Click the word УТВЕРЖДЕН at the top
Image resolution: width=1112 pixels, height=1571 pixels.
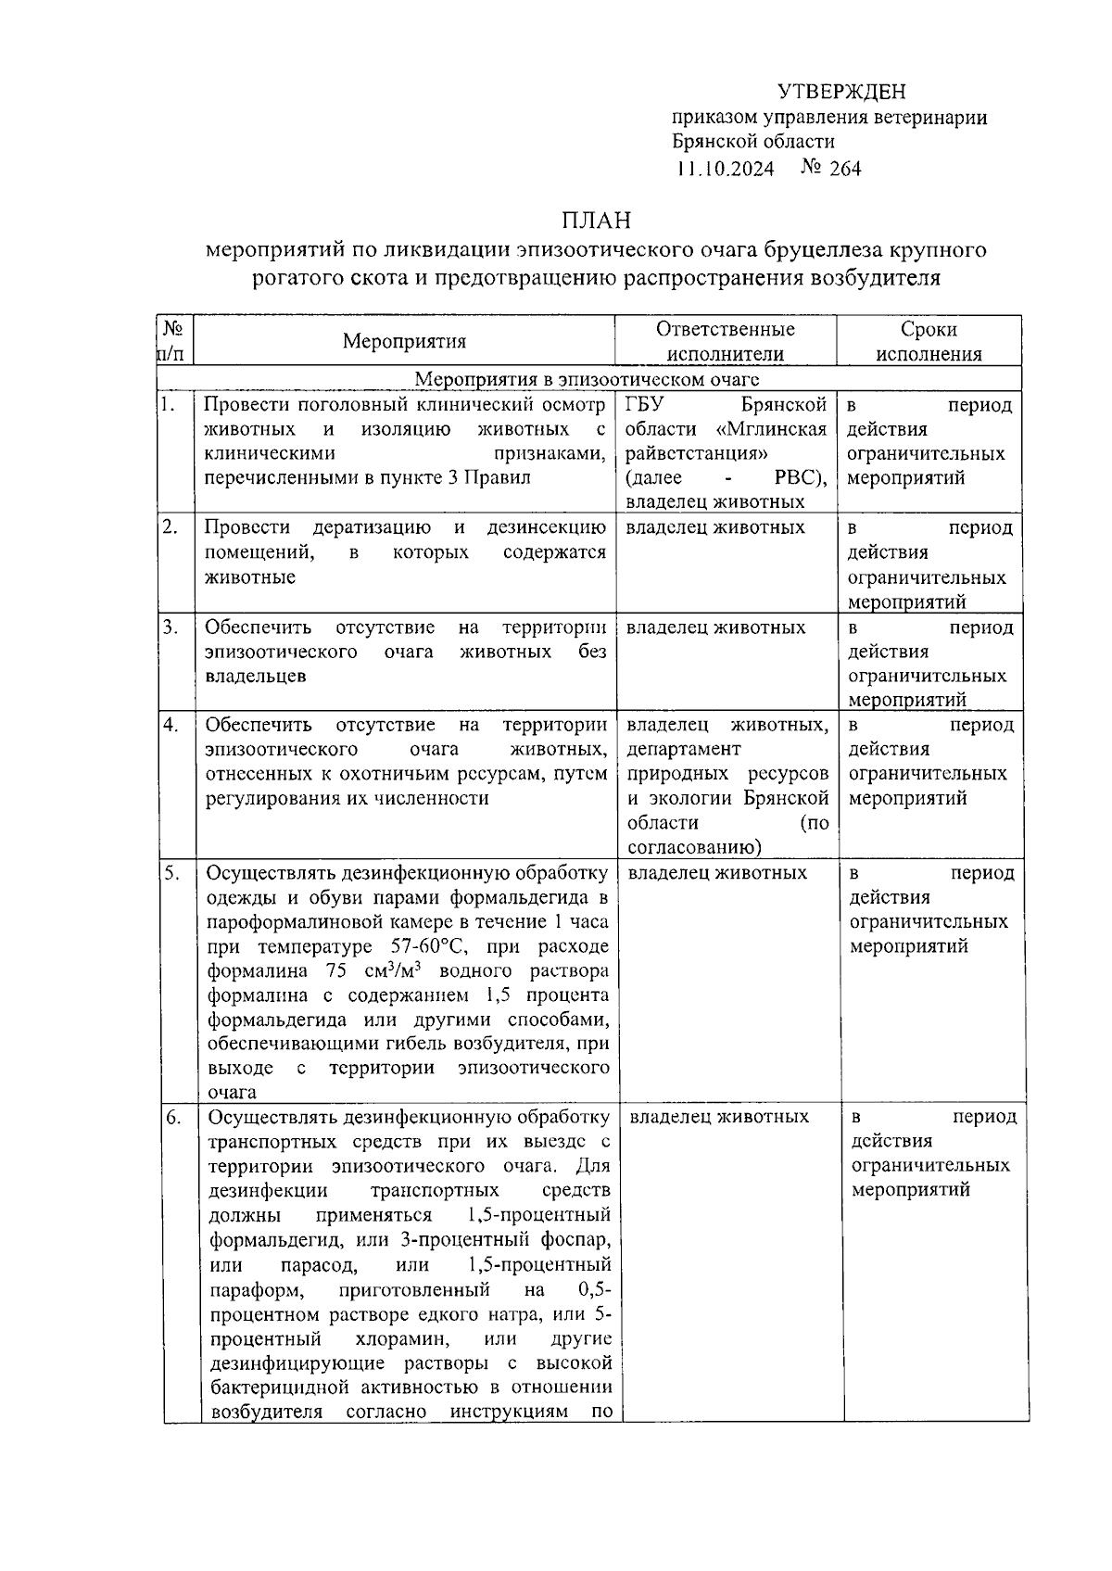pyautogui.click(x=840, y=92)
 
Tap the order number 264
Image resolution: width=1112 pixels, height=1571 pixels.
pyautogui.click(x=845, y=168)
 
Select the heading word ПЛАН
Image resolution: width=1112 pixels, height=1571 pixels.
pyautogui.click(x=595, y=221)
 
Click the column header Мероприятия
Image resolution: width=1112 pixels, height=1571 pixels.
pyautogui.click(x=404, y=341)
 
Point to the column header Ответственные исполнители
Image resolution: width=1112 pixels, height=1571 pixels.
pyautogui.click(x=726, y=341)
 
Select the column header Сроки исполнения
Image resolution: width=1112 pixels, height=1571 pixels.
pyautogui.click(x=929, y=341)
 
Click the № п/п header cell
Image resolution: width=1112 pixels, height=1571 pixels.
pyautogui.click(x=173, y=341)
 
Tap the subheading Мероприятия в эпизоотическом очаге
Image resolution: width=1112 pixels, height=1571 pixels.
pyautogui.click(x=587, y=379)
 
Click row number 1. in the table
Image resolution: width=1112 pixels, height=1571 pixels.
pyautogui.click(x=167, y=404)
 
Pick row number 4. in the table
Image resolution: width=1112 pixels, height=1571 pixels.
pyautogui.click(x=171, y=724)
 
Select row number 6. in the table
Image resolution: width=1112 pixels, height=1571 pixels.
pyautogui.click(x=173, y=1117)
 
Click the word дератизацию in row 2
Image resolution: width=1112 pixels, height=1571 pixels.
pyautogui.click(x=372, y=527)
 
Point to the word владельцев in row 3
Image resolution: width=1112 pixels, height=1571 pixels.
pyautogui.click(x=256, y=677)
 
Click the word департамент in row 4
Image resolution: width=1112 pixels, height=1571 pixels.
pyautogui.click(x=684, y=749)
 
